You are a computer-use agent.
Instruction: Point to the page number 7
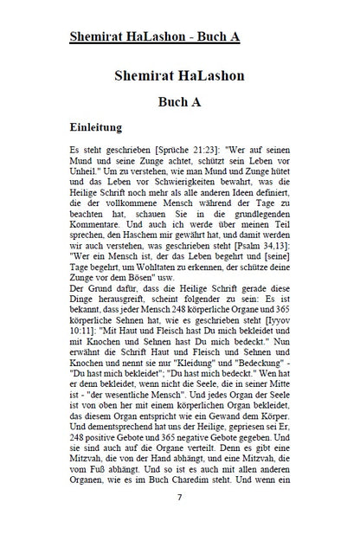pos(179,497)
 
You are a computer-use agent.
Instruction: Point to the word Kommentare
pos(100,221)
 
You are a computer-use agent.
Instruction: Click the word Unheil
pos(86,173)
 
